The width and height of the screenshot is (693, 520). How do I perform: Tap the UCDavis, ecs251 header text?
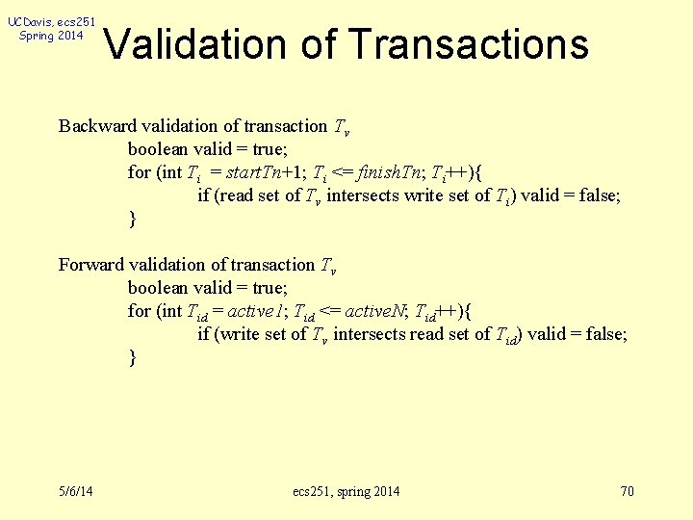(51, 21)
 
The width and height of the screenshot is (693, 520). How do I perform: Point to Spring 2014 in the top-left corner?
(51, 36)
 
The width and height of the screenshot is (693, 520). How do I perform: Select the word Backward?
(97, 126)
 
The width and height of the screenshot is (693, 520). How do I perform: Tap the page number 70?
(627, 492)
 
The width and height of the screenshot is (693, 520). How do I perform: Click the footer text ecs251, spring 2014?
(346, 492)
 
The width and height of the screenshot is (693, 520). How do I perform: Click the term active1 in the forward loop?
(256, 311)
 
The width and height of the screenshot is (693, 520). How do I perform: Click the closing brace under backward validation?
(132, 220)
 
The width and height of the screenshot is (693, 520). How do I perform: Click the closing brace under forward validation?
(132, 358)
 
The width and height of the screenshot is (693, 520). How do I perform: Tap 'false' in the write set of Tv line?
(604, 334)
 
